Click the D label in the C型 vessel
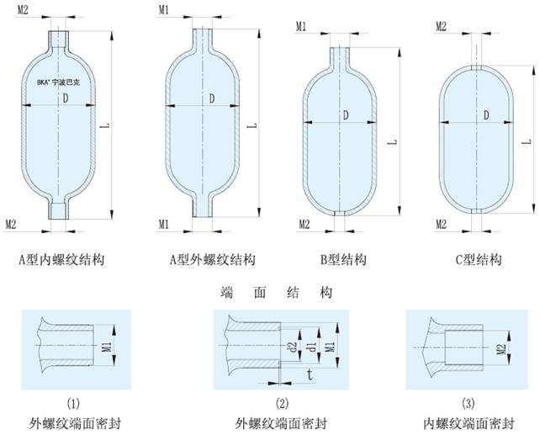(486, 114)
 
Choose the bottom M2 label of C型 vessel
(441, 224)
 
